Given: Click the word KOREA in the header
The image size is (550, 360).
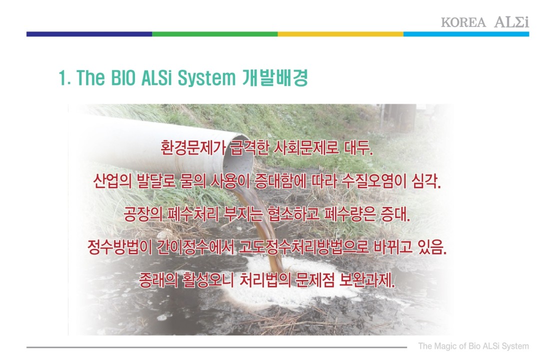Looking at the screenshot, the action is [x=463, y=22].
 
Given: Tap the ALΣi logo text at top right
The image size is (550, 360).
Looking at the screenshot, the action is [x=511, y=22].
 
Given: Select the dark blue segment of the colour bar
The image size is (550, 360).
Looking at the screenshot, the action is [x=89, y=34].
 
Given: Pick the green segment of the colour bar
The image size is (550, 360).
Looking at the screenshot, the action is [x=215, y=34].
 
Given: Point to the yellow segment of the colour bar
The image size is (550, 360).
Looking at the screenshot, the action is [x=340, y=34].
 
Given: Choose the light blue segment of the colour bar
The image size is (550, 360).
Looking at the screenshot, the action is [x=466, y=34].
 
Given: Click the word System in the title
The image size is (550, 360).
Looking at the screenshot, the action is [x=207, y=78].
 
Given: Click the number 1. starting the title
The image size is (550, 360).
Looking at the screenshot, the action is [x=64, y=77].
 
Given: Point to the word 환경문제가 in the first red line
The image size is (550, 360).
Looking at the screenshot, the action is [x=193, y=147].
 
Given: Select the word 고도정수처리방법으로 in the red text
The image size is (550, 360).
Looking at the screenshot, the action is [x=304, y=247].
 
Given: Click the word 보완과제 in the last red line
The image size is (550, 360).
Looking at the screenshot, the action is [x=367, y=280].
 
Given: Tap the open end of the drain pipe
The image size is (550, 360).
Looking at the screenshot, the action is [x=238, y=157].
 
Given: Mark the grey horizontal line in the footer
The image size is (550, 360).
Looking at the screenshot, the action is [x=216, y=347].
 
